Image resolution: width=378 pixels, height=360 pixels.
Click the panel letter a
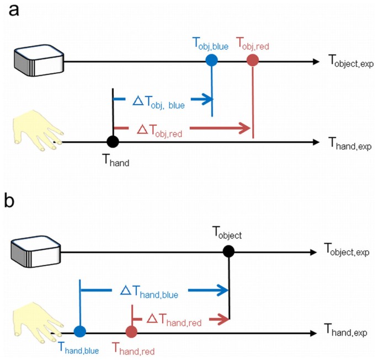coord(12,12)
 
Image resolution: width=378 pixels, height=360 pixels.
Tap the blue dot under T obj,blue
coord(212,61)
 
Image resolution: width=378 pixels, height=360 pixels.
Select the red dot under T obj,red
coord(253,61)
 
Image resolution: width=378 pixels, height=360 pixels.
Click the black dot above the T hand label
coord(113,142)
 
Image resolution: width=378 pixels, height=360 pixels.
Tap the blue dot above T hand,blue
coord(80,331)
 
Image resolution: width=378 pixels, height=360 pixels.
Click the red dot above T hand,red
coord(131,331)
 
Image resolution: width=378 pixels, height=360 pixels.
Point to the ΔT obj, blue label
coord(159,101)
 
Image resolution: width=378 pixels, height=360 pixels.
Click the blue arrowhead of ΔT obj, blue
coord(207,99)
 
